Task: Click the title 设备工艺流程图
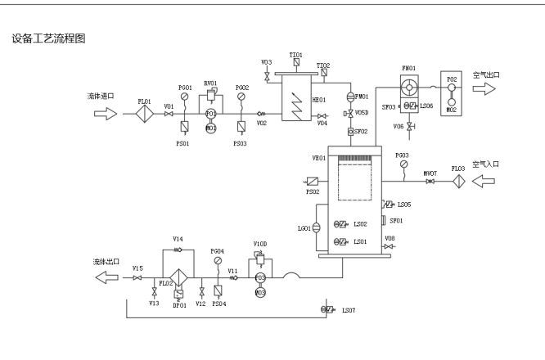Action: pyautogui.click(x=48, y=38)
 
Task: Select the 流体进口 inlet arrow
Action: pyautogui.click(x=106, y=114)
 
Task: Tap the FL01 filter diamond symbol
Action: pyautogui.click(x=145, y=114)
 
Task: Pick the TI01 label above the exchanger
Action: pyautogui.click(x=295, y=54)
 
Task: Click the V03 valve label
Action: pyautogui.click(x=267, y=62)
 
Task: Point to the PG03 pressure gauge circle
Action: pyautogui.click(x=402, y=163)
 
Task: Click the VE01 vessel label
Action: pyautogui.click(x=318, y=158)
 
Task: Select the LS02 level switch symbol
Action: pyautogui.click(x=339, y=224)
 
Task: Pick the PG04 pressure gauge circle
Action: pyautogui.click(x=217, y=261)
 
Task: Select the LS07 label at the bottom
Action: pyautogui.click(x=349, y=310)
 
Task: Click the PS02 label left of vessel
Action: pyautogui.click(x=313, y=192)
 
